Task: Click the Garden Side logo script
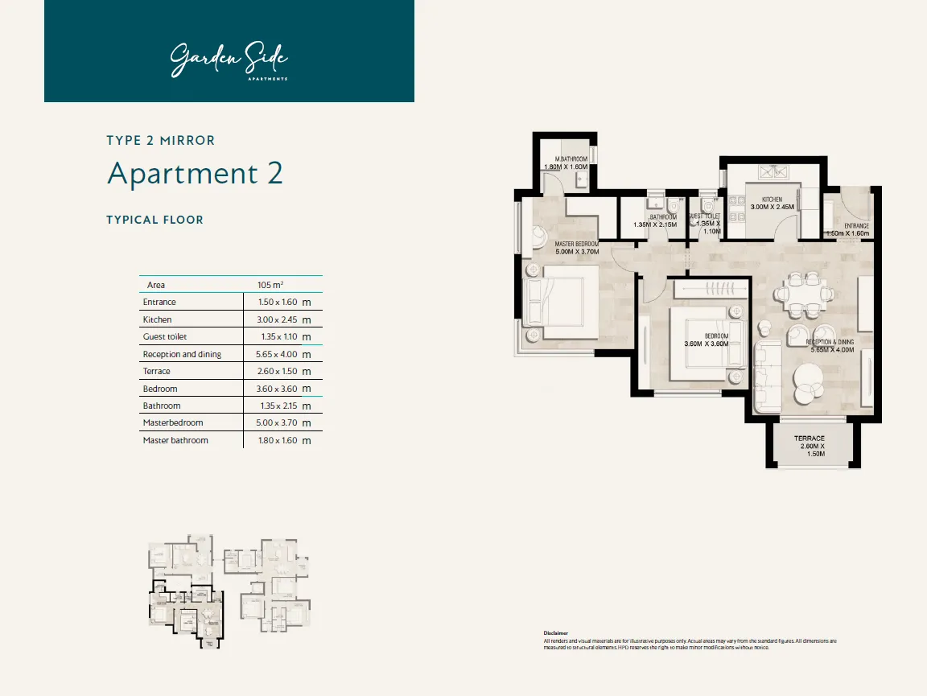pos(229,60)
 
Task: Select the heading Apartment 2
pos(195,174)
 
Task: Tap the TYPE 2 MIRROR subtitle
pos(161,140)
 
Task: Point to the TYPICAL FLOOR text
pos(154,220)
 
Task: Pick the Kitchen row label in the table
pos(157,319)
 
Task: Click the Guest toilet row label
pos(164,336)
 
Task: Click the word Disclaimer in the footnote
pos(555,633)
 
